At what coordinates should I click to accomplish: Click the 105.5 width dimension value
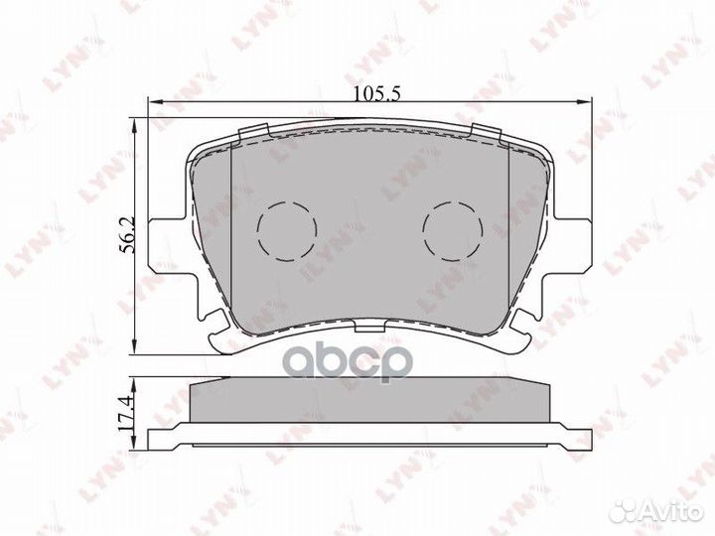coord(377,94)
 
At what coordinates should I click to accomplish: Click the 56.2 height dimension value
coord(127,234)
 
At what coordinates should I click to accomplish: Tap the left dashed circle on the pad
coord(286,231)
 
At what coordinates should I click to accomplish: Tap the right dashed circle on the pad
coord(453,231)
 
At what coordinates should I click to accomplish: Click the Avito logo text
coord(672,512)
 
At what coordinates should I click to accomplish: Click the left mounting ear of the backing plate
coord(168,246)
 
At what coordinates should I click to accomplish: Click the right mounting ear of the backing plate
coord(572,246)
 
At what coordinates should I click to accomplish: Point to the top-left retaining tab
coord(254,132)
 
